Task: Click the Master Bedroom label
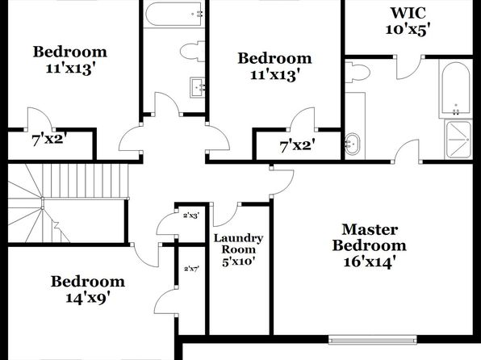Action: pyautogui.click(x=370, y=246)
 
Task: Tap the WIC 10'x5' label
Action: pyautogui.click(x=408, y=21)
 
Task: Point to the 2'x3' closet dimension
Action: pyautogui.click(x=191, y=216)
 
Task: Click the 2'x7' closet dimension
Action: pyautogui.click(x=192, y=269)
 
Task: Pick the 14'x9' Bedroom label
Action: pyautogui.click(x=88, y=290)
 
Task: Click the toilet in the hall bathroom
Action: pyautogui.click(x=192, y=51)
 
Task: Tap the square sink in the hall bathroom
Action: pyautogui.click(x=197, y=87)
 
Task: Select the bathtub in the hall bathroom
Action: pyautogui.click(x=174, y=14)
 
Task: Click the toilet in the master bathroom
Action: pyautogui.click(x=358, y=72)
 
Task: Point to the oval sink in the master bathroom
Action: pyautogui.click(x=352, y=144)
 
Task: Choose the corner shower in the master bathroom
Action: pyautogui.click(x=458, y=140)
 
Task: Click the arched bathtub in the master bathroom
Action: pyautogui.click(x=456, y=91)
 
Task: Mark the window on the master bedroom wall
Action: pyautogui.click(x=373, y=340)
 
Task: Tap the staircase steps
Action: pyautogui.click(x=68, y=203)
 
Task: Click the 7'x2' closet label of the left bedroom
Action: pyautogui.click(x=49, y=140)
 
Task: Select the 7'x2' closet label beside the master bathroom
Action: pyautogui.click(x=297, y=145)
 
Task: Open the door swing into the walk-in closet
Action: pyautogui.click(x=408, y=68)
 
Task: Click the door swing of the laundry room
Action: pyautogui.click(x=225, y=215)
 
